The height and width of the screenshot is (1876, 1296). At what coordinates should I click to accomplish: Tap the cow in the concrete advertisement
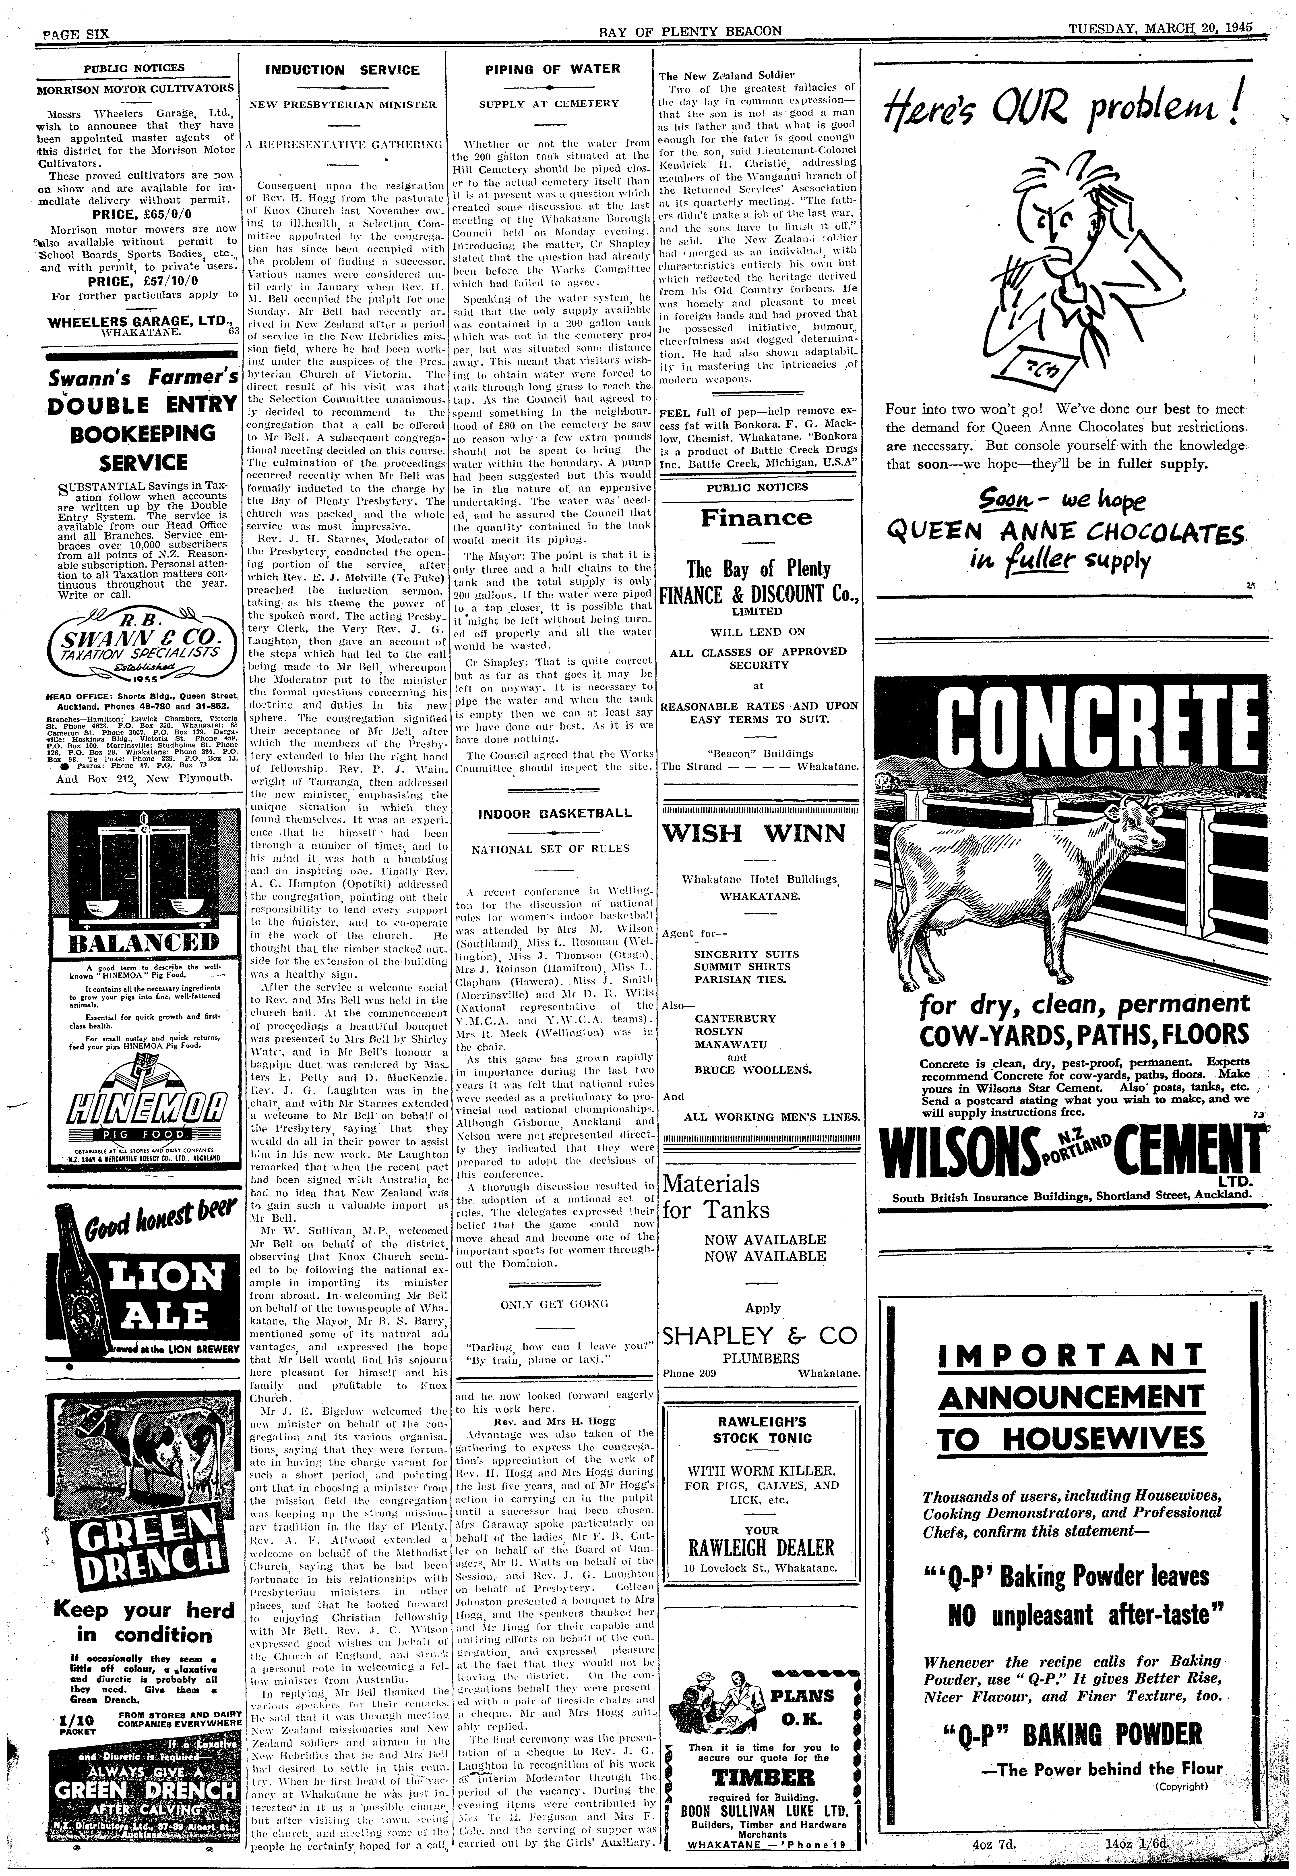tap(1023, 885)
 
